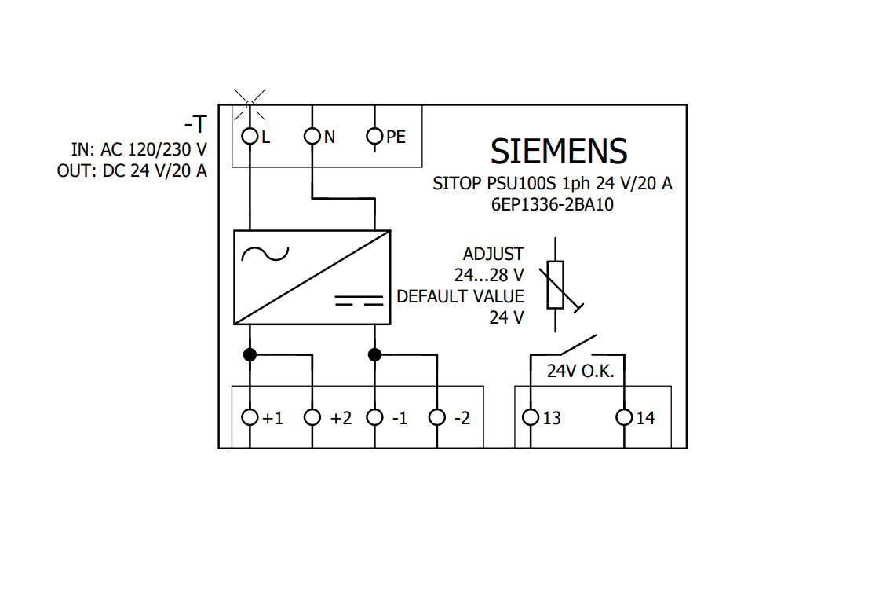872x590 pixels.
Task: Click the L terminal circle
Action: (250, 136)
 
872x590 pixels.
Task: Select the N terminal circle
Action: (312, 136)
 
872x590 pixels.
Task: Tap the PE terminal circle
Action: (375, 136)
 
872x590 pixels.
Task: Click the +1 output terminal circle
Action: (250, 417)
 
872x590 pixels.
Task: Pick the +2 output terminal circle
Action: (312, 417)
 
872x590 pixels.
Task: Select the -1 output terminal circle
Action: (375, 417)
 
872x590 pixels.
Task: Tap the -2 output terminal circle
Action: (437, 417)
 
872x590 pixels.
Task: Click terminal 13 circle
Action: (531, 417)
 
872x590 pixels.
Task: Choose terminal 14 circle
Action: (625, 417)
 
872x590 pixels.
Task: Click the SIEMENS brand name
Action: (559, 151)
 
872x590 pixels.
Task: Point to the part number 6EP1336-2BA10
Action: (553, 203)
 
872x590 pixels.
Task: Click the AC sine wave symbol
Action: (265, 254)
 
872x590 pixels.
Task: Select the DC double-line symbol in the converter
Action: (359, 300)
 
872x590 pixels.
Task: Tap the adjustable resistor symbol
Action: (556, 284)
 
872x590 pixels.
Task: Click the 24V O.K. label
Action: (580, 371)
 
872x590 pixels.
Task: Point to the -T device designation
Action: (195, 124)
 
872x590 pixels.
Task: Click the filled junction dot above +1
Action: (250, 354)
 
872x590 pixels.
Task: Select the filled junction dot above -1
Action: (375, 354)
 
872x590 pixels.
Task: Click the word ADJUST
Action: (493, 255)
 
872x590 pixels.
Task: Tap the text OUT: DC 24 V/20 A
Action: (132, 170)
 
